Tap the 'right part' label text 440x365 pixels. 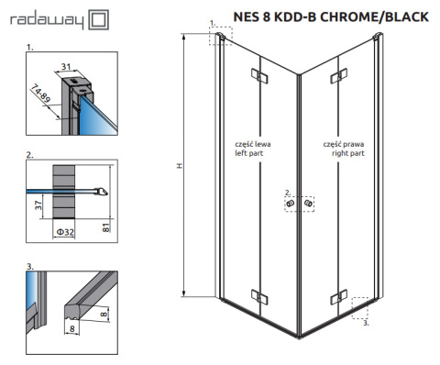click(346, 154)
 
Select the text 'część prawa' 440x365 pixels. click(344, 145)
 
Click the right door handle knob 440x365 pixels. click(310, 204)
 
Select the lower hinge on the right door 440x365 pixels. click(339, 295)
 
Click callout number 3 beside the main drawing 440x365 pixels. click(367, 322)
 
